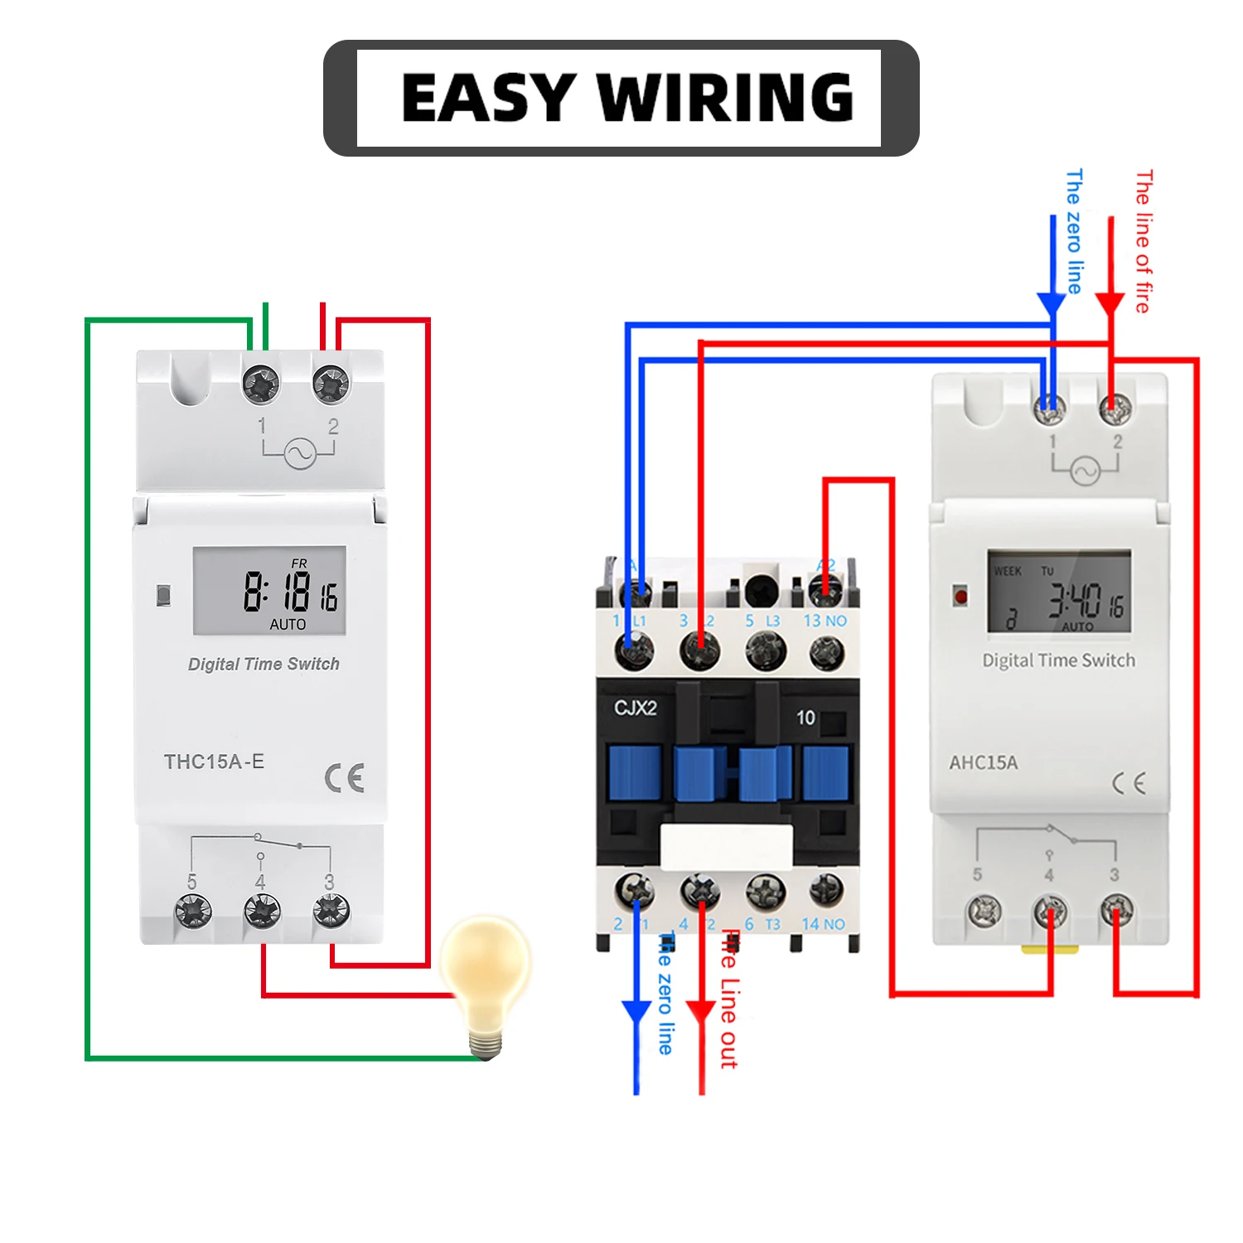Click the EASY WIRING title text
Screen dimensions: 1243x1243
pos(626,98)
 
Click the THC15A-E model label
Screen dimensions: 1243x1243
pos(214,762)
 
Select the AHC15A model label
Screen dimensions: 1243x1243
pos(983,762)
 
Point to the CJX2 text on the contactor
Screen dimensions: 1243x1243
pos(635,708)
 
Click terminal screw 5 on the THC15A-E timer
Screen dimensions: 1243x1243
pos(193,912)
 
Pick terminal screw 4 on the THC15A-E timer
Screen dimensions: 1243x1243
pos(262,912)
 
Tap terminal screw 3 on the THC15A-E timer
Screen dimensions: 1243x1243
pos(331,912)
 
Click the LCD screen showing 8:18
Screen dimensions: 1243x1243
pos(269,590)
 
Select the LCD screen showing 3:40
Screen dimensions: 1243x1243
pos(1059,592)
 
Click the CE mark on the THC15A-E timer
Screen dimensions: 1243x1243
pos(344,778)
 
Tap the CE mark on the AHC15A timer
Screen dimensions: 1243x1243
pos(1129,783)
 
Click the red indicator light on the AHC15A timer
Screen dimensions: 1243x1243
pos(960,596)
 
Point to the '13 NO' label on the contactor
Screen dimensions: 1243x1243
pos(825,621)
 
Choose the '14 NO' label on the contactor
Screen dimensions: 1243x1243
pos(823,924)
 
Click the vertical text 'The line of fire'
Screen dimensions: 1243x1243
pos(1144,241)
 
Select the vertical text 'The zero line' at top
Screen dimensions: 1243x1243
pos(1074,232)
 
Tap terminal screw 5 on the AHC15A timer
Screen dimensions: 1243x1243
pos(984,912)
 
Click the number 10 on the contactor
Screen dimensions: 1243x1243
pos(805,718)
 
